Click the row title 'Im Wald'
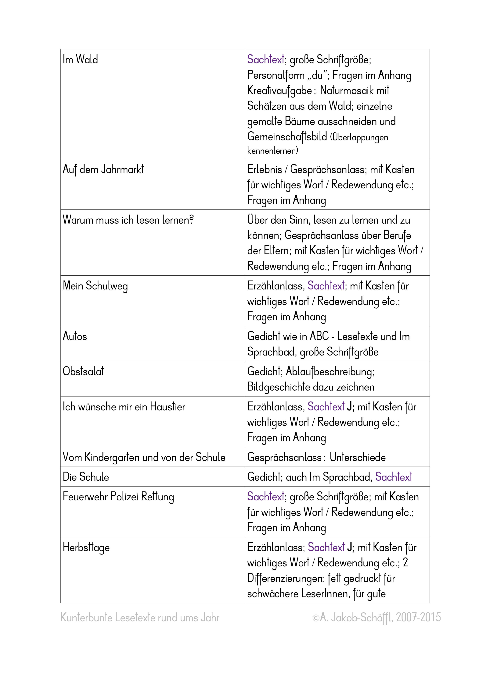[80, 59]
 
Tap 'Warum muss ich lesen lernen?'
[128, 220]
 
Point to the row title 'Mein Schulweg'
[95, 286]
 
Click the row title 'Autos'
[75, 337]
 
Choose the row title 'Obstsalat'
[83, 372]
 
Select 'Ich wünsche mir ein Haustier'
[124, 407]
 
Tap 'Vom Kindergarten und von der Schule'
[144, 457]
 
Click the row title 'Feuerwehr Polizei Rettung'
[118, 497]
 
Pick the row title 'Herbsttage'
[86, 547]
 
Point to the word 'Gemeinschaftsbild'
[287, 136]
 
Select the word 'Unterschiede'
[358, 457]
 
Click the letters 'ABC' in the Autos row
[319, 337]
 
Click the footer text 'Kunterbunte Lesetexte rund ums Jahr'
[140, 618]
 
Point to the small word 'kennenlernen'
[272, 151]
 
